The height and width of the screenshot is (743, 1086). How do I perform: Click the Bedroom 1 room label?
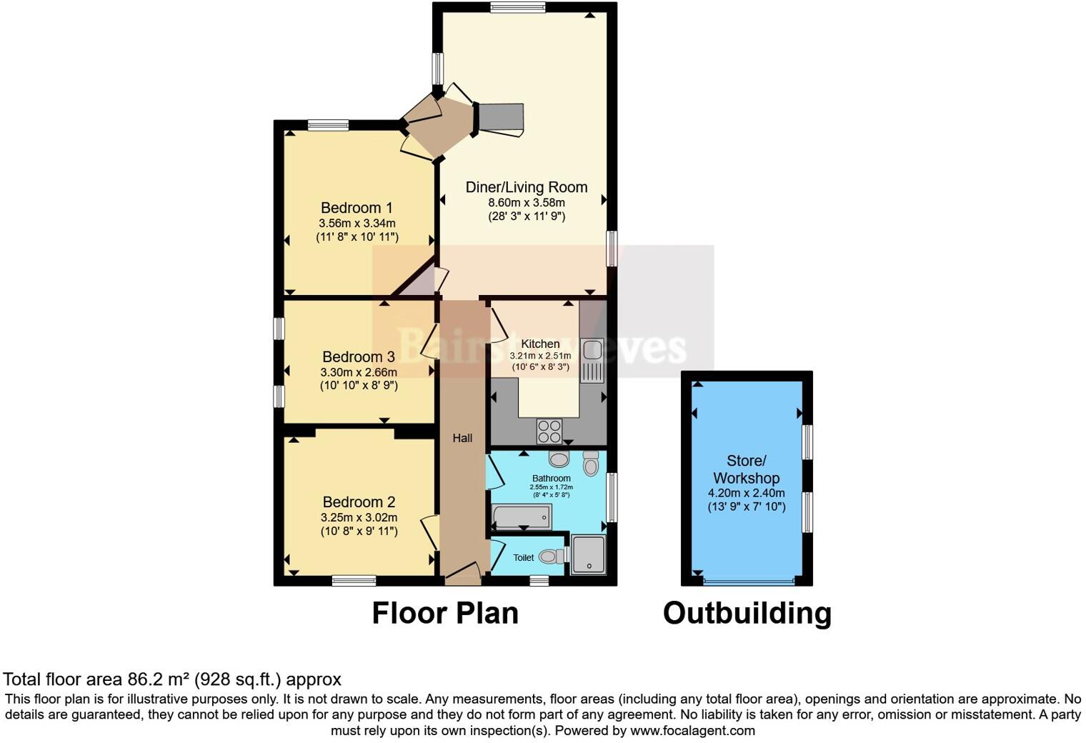pos(357,208)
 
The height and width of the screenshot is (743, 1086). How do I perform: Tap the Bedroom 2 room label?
pos(359,502)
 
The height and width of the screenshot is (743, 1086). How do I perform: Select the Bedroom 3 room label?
pos(359,356)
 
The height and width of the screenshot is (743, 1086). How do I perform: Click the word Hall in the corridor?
pos(462,438)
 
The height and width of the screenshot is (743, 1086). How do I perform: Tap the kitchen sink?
pos(592,350)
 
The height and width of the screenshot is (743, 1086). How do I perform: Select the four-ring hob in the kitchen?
pos(549,431)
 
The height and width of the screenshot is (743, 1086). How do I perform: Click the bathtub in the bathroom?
pos(522,515)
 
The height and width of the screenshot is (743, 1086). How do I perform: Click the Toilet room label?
pos(523,557)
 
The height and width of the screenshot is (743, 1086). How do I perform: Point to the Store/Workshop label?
pos(746,469)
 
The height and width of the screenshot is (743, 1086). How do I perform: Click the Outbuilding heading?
pos(747,613)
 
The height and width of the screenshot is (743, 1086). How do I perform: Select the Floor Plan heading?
pos(445,613)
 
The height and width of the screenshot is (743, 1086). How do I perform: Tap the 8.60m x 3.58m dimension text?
pos(527,203)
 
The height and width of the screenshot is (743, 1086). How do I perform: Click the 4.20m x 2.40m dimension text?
pos(746,493)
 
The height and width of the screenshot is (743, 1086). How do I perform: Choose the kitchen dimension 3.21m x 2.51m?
pos(540,356)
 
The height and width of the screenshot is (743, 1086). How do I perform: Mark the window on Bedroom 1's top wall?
pos(329,126)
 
